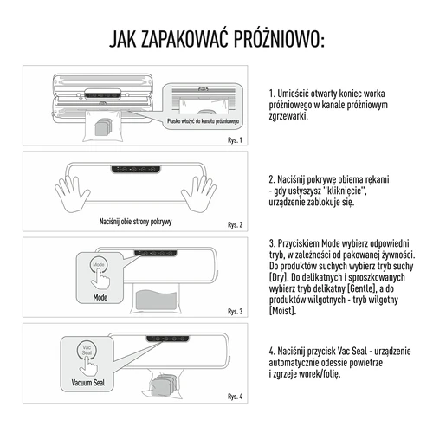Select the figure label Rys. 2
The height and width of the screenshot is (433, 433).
234,224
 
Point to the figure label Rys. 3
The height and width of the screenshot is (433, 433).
234,310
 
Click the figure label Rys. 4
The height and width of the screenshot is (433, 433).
234,397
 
